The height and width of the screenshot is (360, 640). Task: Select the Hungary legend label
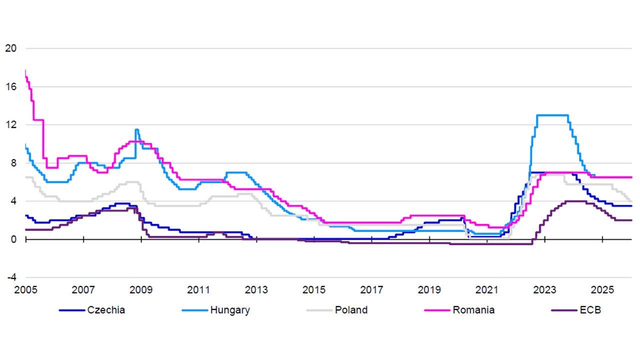[229, 310]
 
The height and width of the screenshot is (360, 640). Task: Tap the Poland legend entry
[351, 310]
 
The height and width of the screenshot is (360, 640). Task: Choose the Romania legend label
[473, 310]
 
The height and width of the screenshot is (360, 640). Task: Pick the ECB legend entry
[591, 310]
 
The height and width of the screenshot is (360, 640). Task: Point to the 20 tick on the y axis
[11, 48]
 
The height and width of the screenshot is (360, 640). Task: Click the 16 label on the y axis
[11, 86]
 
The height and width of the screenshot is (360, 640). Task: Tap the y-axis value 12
[11, 125]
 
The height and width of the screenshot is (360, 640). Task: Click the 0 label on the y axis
[14, 239]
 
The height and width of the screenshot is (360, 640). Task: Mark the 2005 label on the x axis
[25, 290]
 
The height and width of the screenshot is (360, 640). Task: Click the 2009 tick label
[141, 290]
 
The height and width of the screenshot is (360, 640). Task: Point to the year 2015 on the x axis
[314, 290]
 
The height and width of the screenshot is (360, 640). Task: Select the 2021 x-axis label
[487, 290]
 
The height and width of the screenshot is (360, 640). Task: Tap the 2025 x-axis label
[602, 290]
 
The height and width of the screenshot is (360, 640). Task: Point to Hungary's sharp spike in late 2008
[136, 129]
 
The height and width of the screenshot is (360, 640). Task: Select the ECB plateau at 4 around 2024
[575, 201]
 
